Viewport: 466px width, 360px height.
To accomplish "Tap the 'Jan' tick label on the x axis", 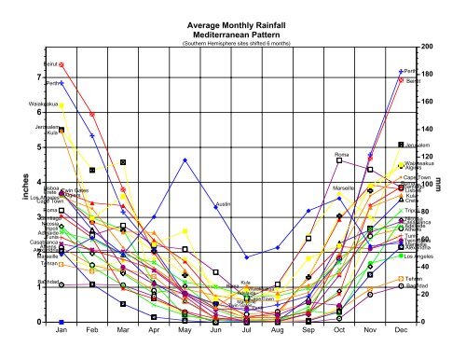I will [62, 331].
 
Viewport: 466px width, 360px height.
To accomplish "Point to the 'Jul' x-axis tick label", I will [246, 331].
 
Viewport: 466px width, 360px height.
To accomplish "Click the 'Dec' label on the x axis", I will [401, 331].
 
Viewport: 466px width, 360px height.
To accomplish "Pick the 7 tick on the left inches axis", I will [38, 77].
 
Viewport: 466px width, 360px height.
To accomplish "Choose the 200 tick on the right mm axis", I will [426, 47].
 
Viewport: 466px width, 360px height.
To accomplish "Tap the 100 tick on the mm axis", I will [426, 184].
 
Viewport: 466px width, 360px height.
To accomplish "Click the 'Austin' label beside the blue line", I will [223, 203].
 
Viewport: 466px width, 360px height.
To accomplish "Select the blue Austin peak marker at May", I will [185, 159].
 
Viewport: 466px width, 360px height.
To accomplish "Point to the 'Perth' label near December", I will [411, 71].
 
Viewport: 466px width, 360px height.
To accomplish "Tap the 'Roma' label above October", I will [341, 154].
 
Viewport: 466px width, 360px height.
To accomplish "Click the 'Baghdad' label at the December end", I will [418, 285].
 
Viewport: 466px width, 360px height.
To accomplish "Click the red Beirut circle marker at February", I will [92, 115].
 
